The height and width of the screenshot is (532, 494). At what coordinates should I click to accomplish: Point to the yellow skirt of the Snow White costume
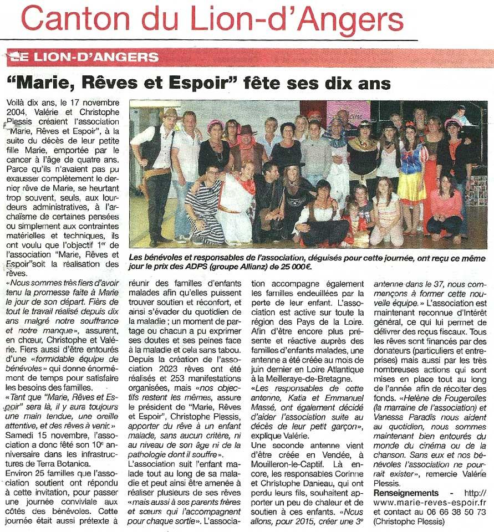pyautogui.click(x=412, y=188)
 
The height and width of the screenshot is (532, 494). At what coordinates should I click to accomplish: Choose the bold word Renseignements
pyautogui.click(x=406, y=493)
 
